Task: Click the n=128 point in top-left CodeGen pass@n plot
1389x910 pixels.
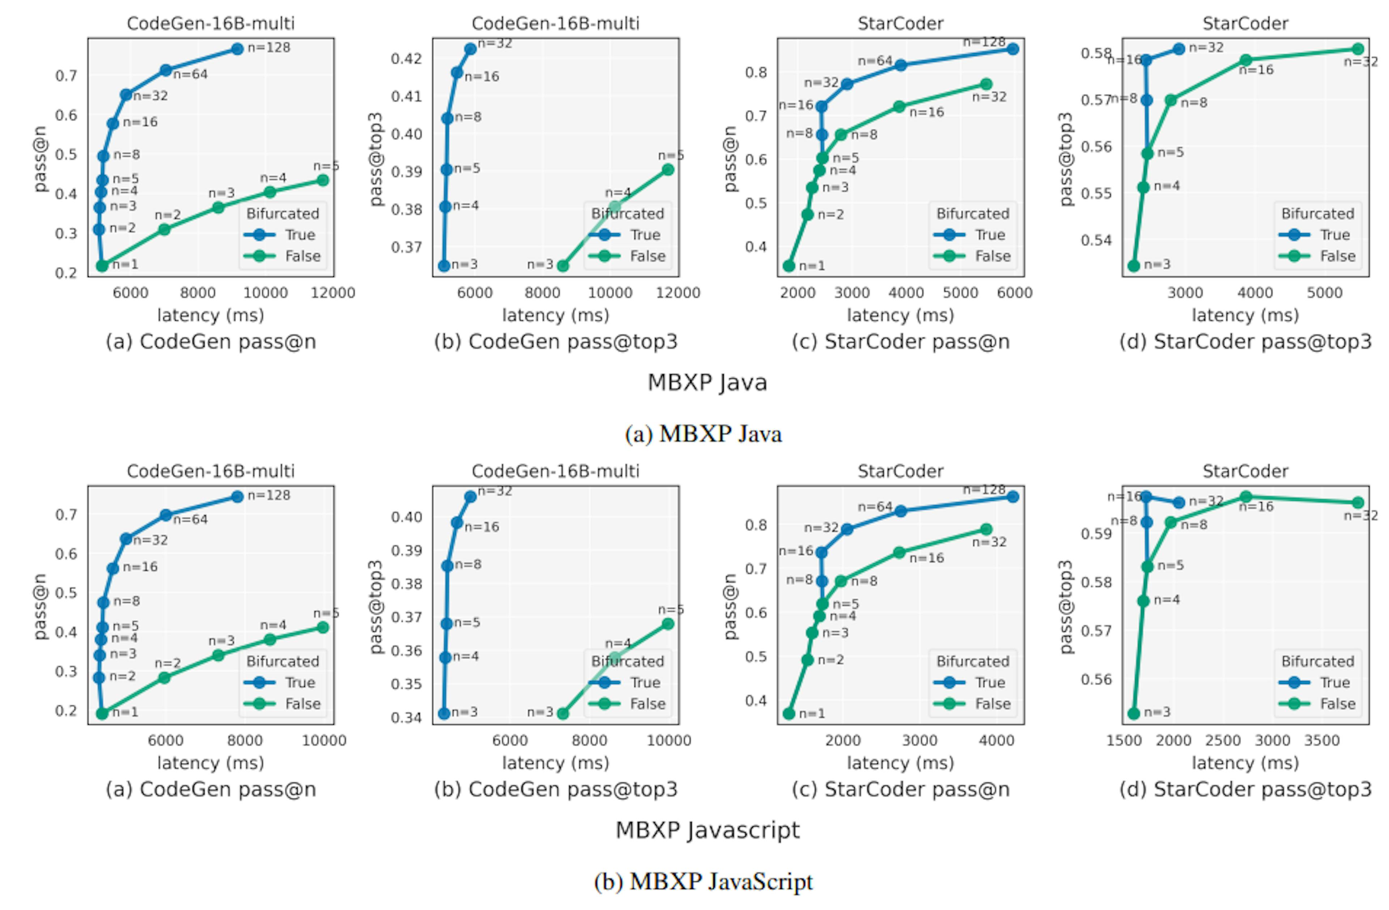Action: [237, 49]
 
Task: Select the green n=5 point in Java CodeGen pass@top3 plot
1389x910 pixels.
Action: [668, 170]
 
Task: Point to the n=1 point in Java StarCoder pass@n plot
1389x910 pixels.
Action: [789, 266]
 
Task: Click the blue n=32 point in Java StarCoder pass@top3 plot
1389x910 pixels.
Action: [1179, 49]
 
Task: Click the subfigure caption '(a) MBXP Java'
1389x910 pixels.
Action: [703, 434]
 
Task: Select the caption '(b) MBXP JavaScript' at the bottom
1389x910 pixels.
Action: [703, 881]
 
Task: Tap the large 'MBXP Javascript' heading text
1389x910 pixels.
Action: [707, 829]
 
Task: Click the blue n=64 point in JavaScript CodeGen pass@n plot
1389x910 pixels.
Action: [166, 516]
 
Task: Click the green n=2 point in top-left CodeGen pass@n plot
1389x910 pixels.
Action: [165, 230]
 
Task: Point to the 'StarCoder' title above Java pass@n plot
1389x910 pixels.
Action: [900, 24]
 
